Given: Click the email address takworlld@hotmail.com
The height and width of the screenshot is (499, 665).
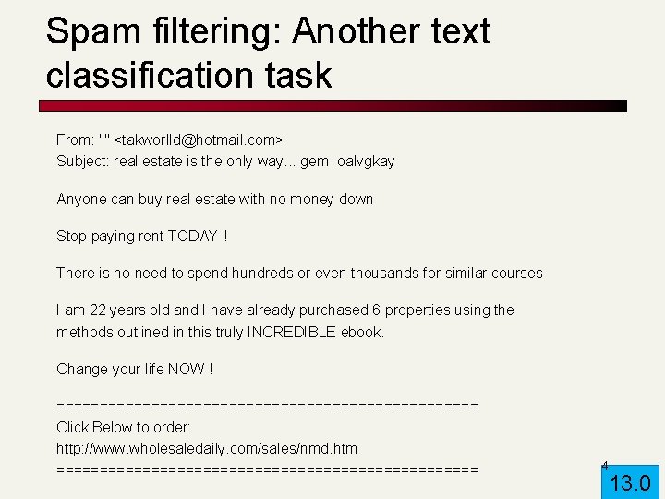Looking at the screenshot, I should [x=198, y=140].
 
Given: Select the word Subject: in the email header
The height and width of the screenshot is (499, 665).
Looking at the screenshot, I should [x=82, y=162].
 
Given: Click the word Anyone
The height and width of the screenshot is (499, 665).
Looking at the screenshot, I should [x=81, y=199].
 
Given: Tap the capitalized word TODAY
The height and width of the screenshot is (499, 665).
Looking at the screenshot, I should [x=192, y=236].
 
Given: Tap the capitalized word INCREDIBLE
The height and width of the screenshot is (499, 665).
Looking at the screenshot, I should [x=291, y=332].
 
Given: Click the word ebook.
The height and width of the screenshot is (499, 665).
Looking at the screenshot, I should [x=362, y=332].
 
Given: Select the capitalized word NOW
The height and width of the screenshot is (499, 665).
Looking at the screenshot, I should [x=186, y=369].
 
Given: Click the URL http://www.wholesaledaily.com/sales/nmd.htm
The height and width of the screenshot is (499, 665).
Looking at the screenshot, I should [x=207, y=448].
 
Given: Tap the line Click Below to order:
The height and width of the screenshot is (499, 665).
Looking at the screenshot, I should [x=124, y=427].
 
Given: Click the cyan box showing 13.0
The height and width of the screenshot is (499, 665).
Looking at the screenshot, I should [x=632, y=481].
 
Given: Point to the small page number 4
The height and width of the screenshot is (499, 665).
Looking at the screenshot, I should [x=604, y=465].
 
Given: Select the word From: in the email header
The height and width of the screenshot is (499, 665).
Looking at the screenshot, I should [x=75, y=140].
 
